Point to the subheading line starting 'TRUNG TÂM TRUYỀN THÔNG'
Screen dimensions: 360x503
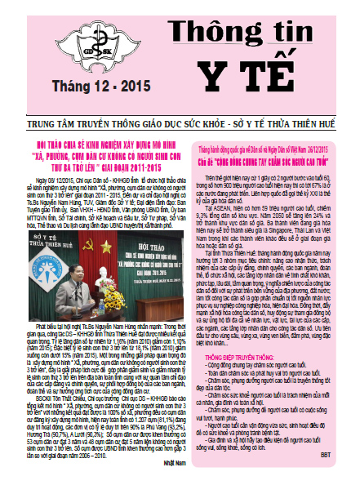tap(180, 103)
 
